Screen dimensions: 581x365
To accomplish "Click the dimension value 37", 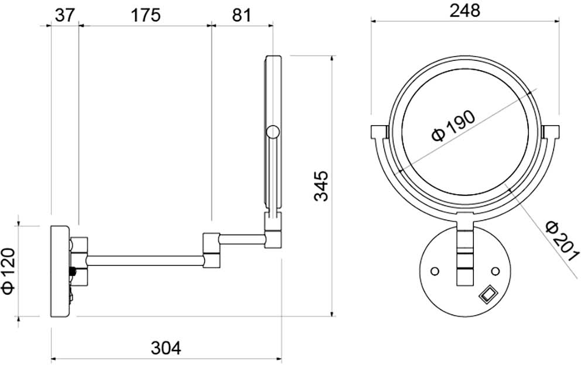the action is point(65,15).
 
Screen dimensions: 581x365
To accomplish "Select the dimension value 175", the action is point(146,15).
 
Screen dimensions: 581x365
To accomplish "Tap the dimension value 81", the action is point(241,15).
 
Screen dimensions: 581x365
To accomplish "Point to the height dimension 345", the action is point(321,186).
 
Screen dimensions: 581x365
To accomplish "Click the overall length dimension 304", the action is point(166,348).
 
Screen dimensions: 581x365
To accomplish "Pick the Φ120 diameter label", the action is point(8,271).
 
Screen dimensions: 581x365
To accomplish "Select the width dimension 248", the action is point(464,11).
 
